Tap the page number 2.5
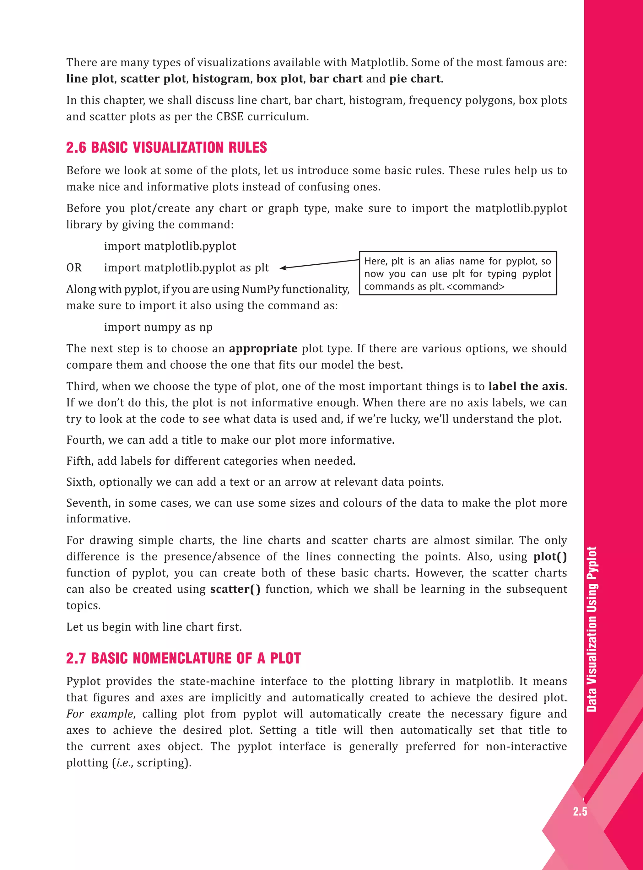[580, 812]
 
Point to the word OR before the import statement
[74, 268]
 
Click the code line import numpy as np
[158, 327]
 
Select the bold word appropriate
[263, 349]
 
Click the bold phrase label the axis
[526, 386]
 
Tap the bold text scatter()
[235, 589]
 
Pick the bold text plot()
[549, 557]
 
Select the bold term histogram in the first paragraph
[221, 78]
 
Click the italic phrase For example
[100, 714]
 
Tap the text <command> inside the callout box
[476, 287]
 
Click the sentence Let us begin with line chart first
[154, 627]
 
